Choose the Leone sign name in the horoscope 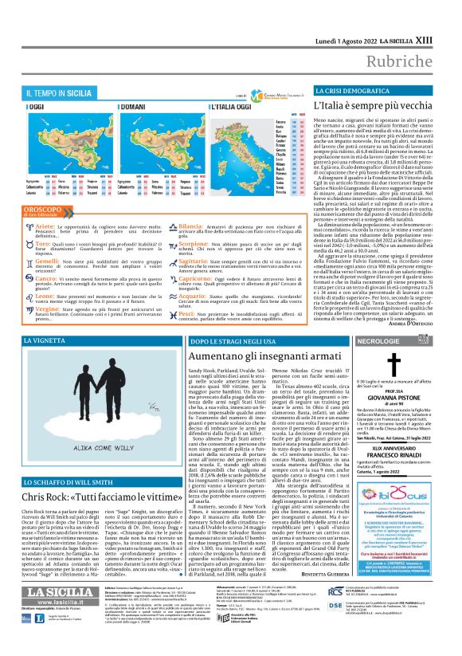tap(47, 295)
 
